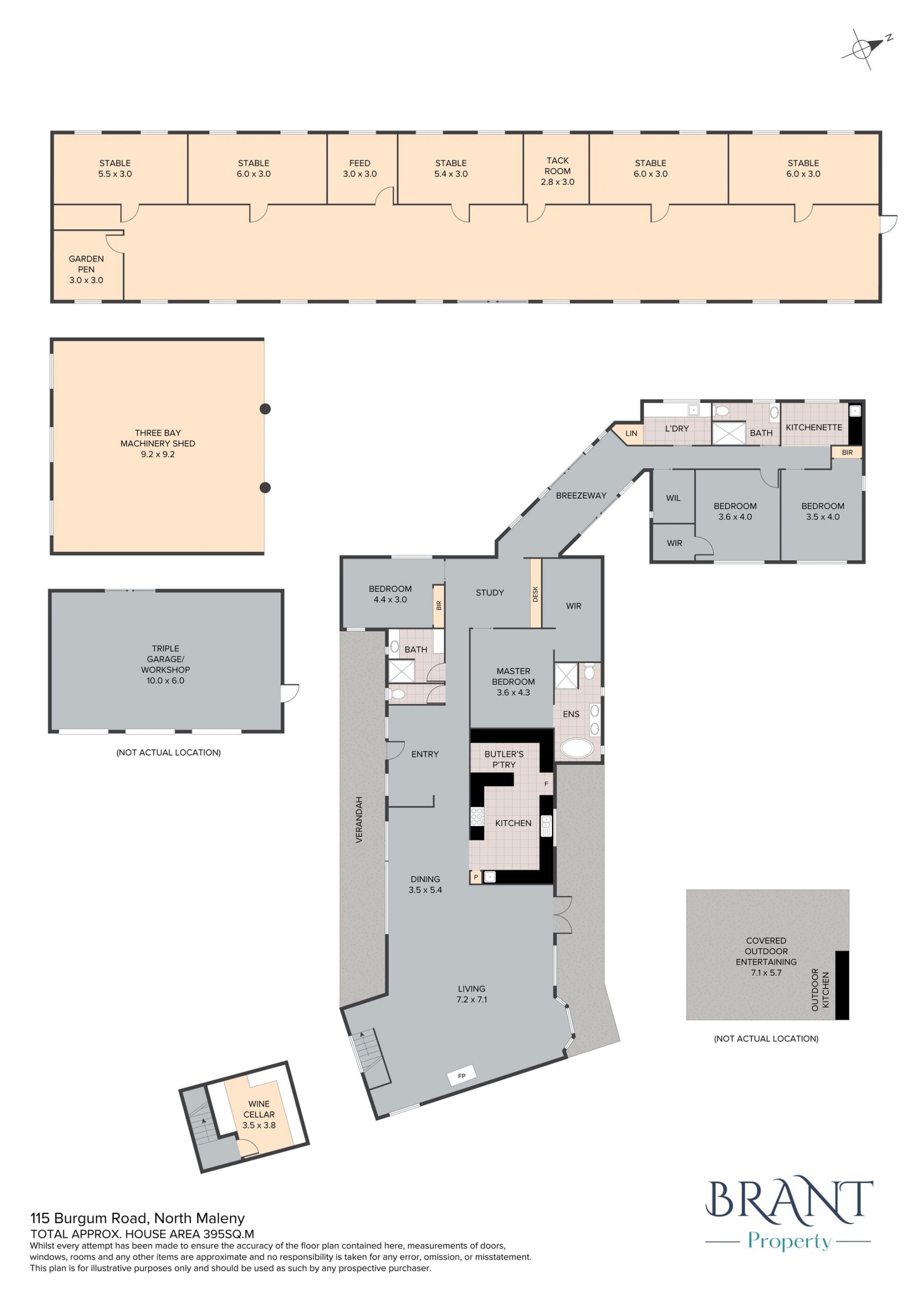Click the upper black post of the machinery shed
coord(264,409)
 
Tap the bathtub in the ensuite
coord(577,748)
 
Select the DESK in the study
coord(535,593)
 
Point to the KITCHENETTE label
coord(814,428)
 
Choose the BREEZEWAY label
coord(581,496)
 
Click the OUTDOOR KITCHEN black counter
coord(842,985)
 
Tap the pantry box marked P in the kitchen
coord(475,877)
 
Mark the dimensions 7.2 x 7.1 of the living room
coord(472,999)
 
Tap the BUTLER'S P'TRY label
coord(504,759)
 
